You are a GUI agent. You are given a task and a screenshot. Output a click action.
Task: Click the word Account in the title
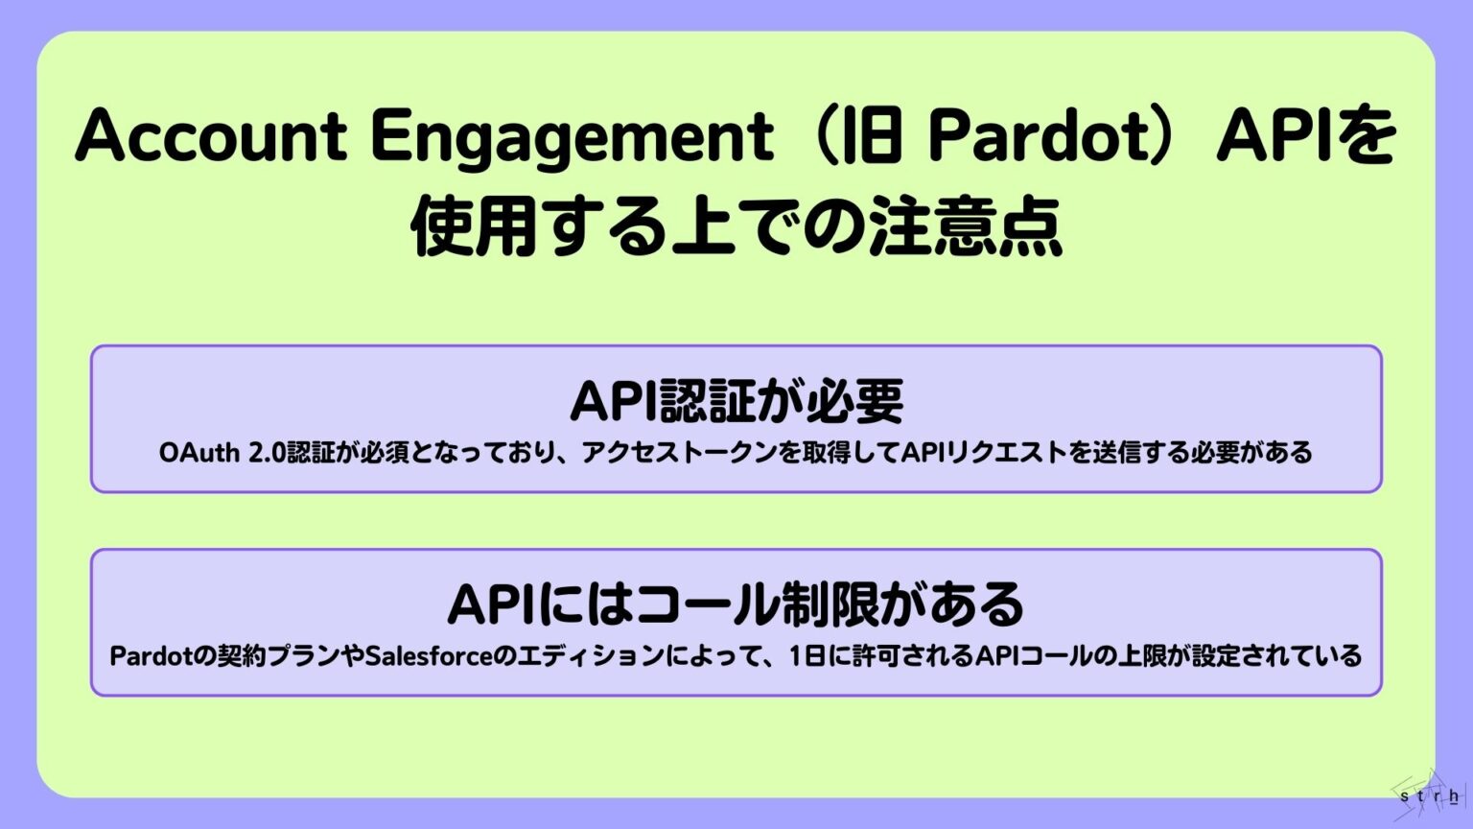click(x=210, y=137)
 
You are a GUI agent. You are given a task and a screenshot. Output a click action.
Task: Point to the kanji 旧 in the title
click(x=874, y=137)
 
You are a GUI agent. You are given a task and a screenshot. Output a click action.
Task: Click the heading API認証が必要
click(x=736, y=401)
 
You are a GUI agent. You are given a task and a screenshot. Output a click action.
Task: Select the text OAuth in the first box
click(x=199, y=452)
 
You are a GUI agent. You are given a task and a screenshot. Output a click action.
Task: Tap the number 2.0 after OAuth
click(x=267, y=452)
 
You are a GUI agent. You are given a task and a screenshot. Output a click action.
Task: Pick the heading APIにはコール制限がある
click(x=736, y=604)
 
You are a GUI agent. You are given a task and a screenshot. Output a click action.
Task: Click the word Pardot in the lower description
click(x=151, y=656)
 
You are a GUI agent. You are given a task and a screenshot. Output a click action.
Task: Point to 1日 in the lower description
click(x=809, y=656)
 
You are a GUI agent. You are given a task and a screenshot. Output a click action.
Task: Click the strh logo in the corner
click(x=1430, y=794)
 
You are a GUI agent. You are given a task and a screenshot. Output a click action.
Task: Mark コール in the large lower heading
click(x=708, y=604)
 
